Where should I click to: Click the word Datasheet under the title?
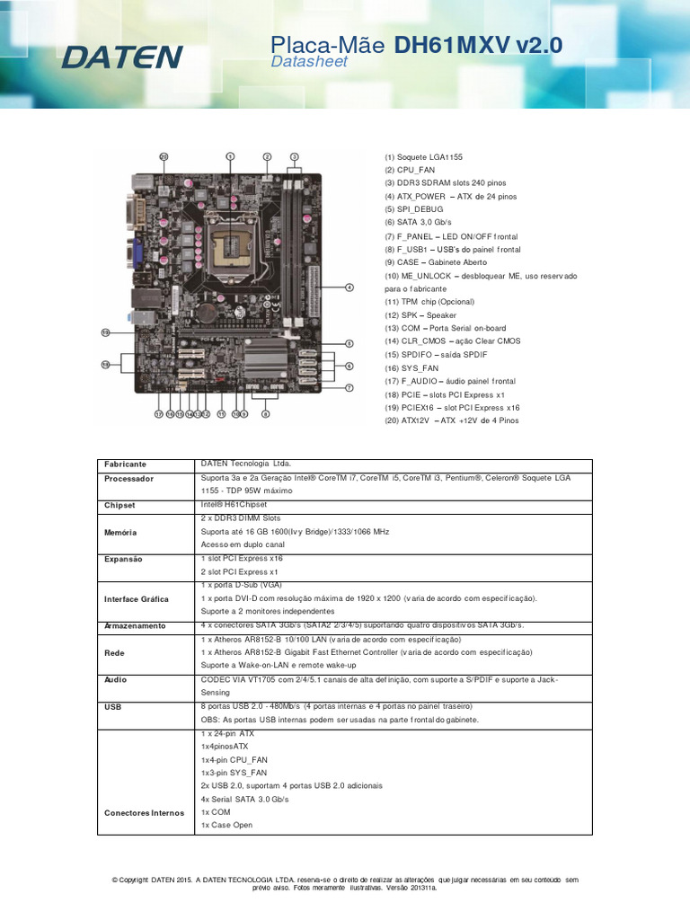[x=308, y=62]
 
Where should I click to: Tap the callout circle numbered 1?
[x=230, y=156]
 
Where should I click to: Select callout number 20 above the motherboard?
[x=164, y=156]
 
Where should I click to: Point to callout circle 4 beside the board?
[x=349, y=287]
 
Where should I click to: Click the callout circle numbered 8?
[x=265, y=414]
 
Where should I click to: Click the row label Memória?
[x=120, y=532]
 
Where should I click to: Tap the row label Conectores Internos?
[x=144, y=813]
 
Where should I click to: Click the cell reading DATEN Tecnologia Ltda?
[x=240, y=464]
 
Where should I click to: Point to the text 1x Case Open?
[x=227, y=825]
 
